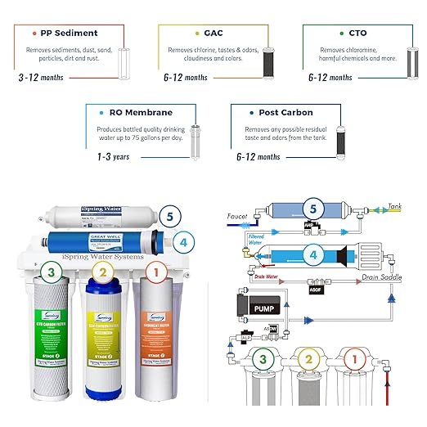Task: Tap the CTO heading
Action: [357, 33]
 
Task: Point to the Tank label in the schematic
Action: [396, 206]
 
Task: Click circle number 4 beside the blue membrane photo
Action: [184, 242]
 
